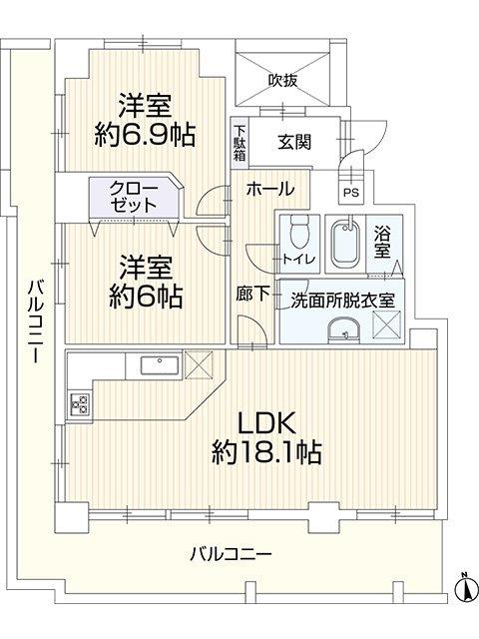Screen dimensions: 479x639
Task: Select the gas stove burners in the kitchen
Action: pos(80,403)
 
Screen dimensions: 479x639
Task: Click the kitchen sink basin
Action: pos(160,364)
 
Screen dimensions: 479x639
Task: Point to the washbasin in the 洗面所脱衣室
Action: pos(344,328)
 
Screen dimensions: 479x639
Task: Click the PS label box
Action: pos(351,193)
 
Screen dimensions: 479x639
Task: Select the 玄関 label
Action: pos(294,142)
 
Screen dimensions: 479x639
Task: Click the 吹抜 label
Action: pos(282,81)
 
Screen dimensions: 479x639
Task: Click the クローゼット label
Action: pos(134,197)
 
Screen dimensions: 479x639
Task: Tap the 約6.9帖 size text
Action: pos(145,136)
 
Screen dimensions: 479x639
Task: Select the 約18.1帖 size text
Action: pos(266,452)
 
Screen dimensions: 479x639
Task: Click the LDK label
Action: pos(266,423)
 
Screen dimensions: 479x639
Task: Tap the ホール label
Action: pos(270,189)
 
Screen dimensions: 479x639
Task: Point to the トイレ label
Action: pos(299,259)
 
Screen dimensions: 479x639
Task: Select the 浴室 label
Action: pos(382,243)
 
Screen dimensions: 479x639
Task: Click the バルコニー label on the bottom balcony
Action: pos(232,554)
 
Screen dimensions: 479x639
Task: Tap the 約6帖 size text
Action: pos(146,298)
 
